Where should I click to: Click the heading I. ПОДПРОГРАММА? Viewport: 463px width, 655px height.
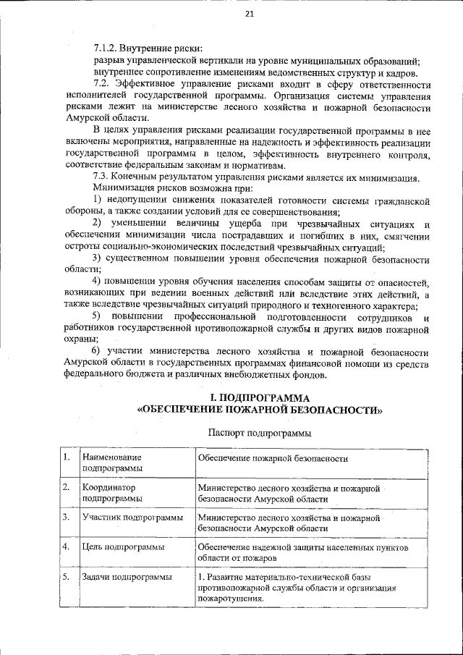tap(260, 398)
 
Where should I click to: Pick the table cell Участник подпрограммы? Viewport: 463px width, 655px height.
tap(122, 517)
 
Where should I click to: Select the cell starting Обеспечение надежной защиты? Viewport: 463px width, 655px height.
tap(302, 554)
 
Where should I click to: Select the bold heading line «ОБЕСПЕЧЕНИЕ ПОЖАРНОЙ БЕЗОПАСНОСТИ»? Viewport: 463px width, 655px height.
tap(260, 410)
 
